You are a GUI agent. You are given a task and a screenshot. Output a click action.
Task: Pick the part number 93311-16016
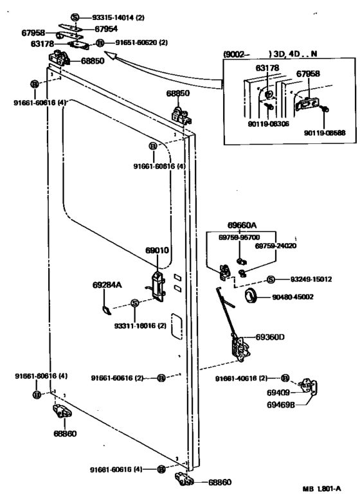coord(136,327)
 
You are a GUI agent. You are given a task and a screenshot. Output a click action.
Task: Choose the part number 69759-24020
coord(276,245)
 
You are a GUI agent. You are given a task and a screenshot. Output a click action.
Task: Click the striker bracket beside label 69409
coord(310,388)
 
